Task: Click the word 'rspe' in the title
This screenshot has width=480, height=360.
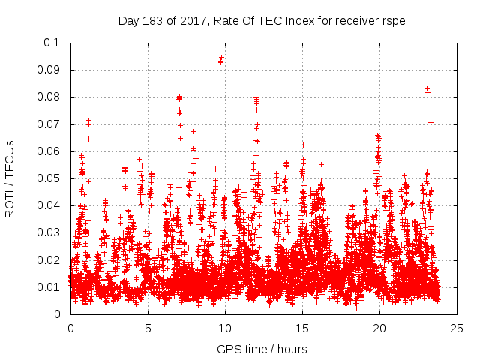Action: click(393, 20)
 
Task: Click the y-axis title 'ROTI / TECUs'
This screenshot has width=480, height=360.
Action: click(10, 178)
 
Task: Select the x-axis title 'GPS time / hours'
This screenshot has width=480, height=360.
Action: click(262, 349)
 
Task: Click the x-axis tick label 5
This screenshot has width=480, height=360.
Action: click(148, 328)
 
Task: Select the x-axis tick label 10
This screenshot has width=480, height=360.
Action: click(225, 328)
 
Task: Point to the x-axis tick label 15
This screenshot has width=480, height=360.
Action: click(302, 328)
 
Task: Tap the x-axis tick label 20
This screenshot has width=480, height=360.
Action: click(379, 328)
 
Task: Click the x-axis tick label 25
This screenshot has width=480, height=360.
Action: click(457, 328)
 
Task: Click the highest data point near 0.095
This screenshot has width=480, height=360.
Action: click(221, 58)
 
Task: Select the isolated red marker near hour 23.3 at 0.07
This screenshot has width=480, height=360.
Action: click(430, 122)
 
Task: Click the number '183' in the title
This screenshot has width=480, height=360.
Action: click(152, 20)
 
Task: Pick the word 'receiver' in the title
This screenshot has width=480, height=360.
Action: click(355, 20)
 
